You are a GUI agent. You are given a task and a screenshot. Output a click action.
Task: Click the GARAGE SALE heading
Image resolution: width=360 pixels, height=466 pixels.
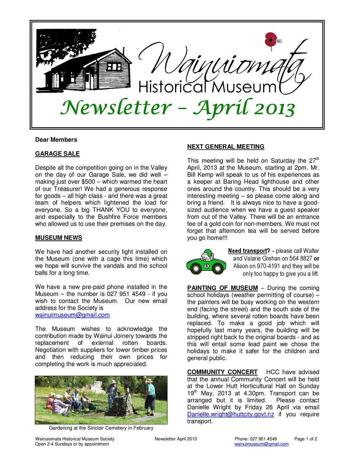(57, 154)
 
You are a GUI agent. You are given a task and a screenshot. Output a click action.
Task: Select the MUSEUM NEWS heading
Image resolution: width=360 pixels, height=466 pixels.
(59, 238)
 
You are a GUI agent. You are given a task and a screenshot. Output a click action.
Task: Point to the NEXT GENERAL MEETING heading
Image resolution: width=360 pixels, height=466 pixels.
(226, 147)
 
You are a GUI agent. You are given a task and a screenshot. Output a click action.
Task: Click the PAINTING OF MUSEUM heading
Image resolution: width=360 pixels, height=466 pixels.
(222, 288)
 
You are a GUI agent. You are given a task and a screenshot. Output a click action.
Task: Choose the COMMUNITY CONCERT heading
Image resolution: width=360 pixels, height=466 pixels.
(222, 372)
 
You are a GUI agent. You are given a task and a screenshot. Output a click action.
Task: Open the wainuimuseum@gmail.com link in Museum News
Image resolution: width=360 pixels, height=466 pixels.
(72, 315)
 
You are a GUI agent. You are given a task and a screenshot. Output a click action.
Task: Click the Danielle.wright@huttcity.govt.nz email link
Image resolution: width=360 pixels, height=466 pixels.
(230, 415)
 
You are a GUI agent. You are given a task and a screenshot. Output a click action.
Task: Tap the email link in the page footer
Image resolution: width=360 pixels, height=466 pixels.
(261, 444)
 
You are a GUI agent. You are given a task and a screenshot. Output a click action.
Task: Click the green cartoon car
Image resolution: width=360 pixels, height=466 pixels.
(206, 262)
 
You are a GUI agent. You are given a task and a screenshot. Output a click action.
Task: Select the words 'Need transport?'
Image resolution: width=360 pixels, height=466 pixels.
(249, 251)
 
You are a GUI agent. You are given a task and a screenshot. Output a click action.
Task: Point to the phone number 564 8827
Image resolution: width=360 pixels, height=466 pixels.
(300, 259)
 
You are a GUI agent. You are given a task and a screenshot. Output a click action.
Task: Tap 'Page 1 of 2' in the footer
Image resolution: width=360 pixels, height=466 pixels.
(306, 439)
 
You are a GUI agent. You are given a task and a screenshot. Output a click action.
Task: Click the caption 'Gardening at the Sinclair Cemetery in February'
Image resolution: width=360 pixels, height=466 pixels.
(101, 428)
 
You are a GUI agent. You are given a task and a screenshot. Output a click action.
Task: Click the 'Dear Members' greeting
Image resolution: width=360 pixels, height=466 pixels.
(56, 140)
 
